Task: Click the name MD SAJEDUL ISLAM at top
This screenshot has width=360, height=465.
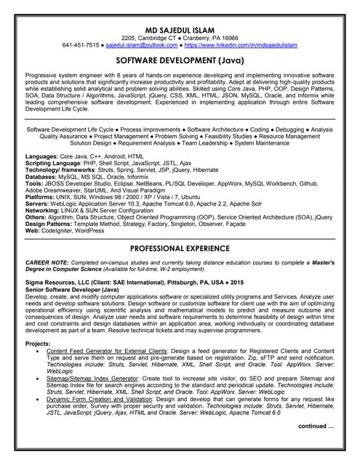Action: (180, 27)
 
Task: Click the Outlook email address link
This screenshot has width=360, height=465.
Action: (137, 44)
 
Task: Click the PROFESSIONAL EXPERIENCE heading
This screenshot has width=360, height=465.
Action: (180, 248)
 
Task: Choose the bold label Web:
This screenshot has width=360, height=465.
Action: (33, 230)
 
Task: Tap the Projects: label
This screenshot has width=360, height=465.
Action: (38, 342)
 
